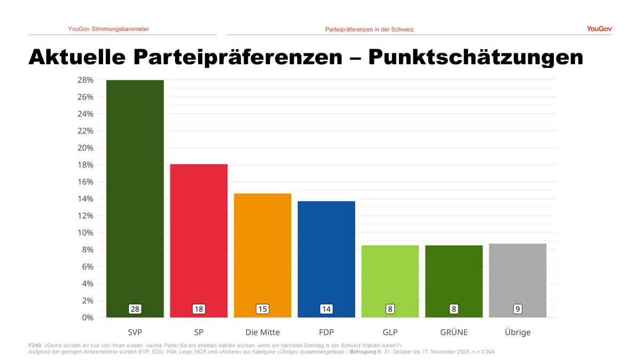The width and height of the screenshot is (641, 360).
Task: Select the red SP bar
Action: (x=199, y=235)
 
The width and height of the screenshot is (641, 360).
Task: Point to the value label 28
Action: (x=135, y=309)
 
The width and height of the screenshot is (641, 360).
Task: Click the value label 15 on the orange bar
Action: (x=262, y=309)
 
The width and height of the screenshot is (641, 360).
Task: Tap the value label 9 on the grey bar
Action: (x=518, y=309)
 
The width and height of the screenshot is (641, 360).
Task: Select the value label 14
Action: (x=326, y=309)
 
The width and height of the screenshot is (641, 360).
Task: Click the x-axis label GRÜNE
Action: (x=454, y=332)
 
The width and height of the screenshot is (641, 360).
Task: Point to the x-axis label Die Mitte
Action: (x=262, y=332)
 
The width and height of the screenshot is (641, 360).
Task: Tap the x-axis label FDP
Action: (x=326, y=332)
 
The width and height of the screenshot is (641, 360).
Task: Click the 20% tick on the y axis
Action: (x=85, y=148)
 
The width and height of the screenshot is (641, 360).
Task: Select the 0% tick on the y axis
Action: (x=87, y=318)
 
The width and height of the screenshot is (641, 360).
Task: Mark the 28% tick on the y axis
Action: (x=85, y=80)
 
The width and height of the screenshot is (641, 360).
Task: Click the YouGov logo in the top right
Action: (x=599, y=29)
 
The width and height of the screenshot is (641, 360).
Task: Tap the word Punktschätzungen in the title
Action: (x=475, y=57)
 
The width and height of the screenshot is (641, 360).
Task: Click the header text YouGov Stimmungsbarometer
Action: (x=108, y=29)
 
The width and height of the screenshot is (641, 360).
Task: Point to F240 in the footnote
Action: (x=34, y=346)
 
